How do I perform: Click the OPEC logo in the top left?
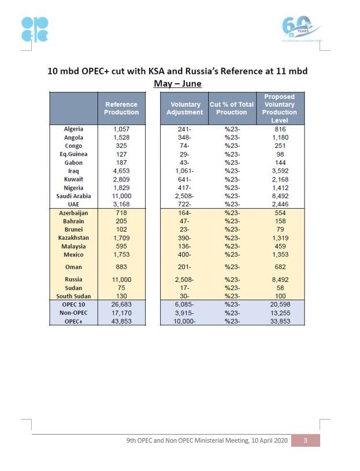35,29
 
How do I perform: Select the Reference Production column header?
121,108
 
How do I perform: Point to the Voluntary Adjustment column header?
185,108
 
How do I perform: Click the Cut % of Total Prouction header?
232,108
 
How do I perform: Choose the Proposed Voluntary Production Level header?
280,108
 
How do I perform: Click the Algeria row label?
73,129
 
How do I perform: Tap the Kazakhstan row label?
73,238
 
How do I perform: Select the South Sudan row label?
73,296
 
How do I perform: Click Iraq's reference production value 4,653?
121,171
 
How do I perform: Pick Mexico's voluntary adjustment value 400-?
185,255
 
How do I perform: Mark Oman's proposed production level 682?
280,267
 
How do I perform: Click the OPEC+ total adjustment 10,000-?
185,321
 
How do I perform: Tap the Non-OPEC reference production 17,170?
121,313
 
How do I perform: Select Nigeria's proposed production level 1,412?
280,188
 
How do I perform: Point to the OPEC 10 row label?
73,305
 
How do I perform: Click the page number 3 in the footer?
305,440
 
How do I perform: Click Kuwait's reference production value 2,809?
121,179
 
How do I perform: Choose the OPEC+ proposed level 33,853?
280,321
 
